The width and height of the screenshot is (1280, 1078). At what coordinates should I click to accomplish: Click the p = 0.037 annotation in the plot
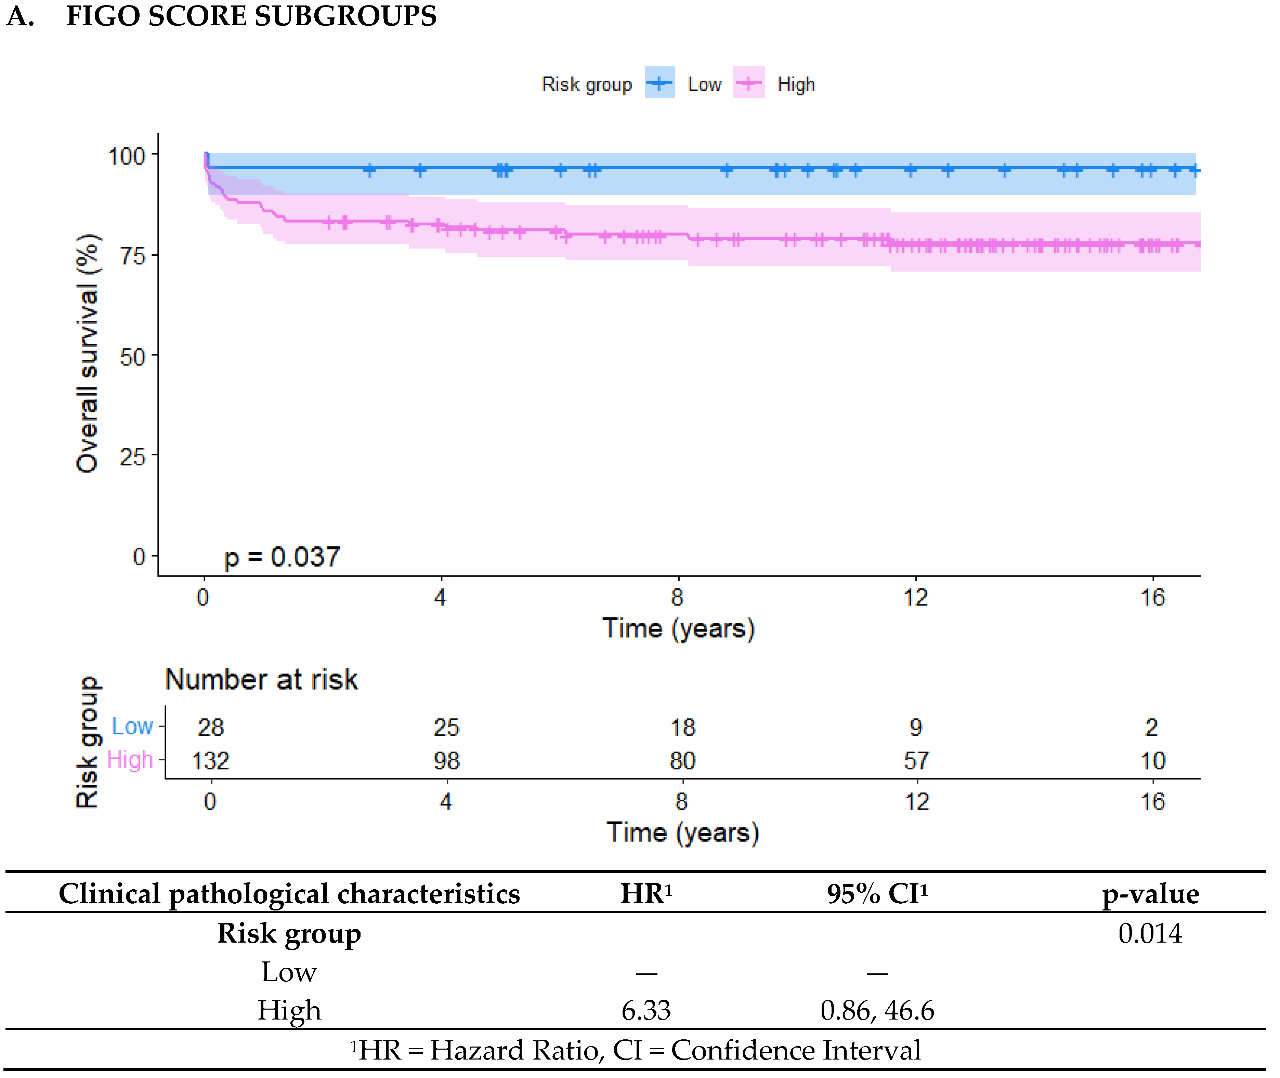click(x=282, y=557)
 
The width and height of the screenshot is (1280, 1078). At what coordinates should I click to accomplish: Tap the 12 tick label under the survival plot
click(x=915, y=597)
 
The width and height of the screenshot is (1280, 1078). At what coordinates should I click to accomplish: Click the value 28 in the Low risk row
click(x=211, y=727)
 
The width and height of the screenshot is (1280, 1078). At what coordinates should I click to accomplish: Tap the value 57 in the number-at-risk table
click(x=916, y=761)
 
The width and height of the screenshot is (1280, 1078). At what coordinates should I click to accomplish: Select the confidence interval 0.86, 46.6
click(x=877, y=1011)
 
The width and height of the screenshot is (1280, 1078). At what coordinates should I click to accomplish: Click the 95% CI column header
click(x=877, y=894)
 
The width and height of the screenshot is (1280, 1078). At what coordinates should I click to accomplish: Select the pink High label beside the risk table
click(x=130, y=760)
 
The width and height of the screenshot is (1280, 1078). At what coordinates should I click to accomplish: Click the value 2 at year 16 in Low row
click(x=1151, y=727)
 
